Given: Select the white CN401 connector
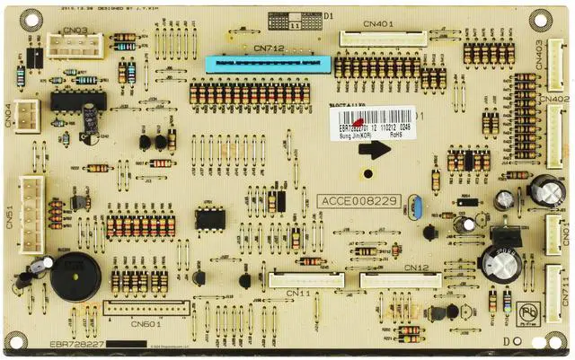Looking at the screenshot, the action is pos(383,39).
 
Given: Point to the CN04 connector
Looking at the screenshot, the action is pos(28,115).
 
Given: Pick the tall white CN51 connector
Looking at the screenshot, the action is pos(32,206).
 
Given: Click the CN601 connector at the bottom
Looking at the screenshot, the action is pos(146,308).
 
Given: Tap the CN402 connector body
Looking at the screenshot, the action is pos(554,136).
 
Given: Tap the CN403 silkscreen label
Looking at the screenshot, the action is pos(564,56).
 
